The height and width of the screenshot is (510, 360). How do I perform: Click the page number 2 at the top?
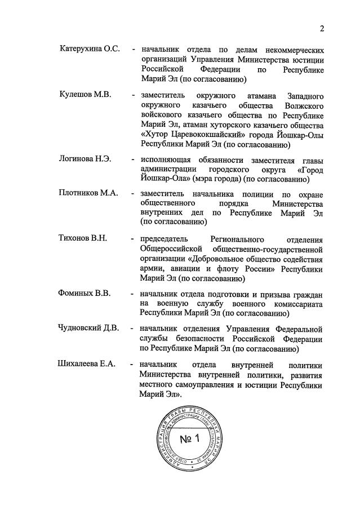322,29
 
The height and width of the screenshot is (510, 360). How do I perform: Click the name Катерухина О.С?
90,49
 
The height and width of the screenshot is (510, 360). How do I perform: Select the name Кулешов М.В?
85,94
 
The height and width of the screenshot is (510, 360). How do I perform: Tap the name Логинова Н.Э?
85,159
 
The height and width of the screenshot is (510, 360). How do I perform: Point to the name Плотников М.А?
88,193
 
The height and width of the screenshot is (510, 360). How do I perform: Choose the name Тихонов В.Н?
83,238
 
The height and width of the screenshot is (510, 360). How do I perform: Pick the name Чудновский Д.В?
89,329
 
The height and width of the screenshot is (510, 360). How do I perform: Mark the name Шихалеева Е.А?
87,363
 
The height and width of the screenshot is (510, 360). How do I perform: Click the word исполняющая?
167,159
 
